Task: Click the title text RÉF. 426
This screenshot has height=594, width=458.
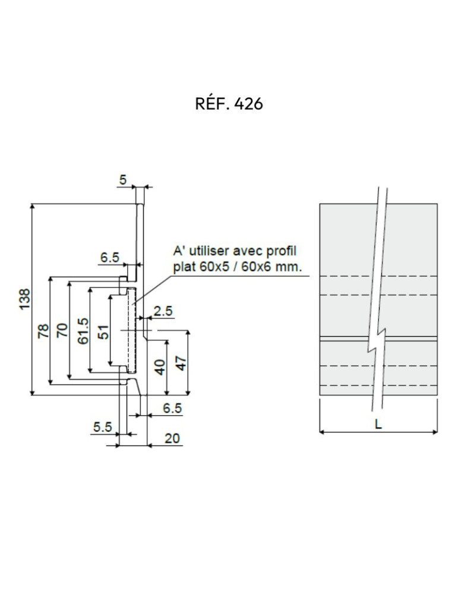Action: click(x=229, y=104)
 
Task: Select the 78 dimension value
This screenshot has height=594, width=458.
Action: click(x=43, y=331)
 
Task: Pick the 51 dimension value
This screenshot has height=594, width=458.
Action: click(x=103, y=331)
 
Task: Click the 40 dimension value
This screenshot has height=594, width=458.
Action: click(x=159, y=366)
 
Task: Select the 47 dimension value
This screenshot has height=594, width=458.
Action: click(x=181, y=362)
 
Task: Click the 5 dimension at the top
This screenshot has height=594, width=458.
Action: click(x=122, y=179)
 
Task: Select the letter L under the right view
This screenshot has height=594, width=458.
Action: click(x=378, y=424)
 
